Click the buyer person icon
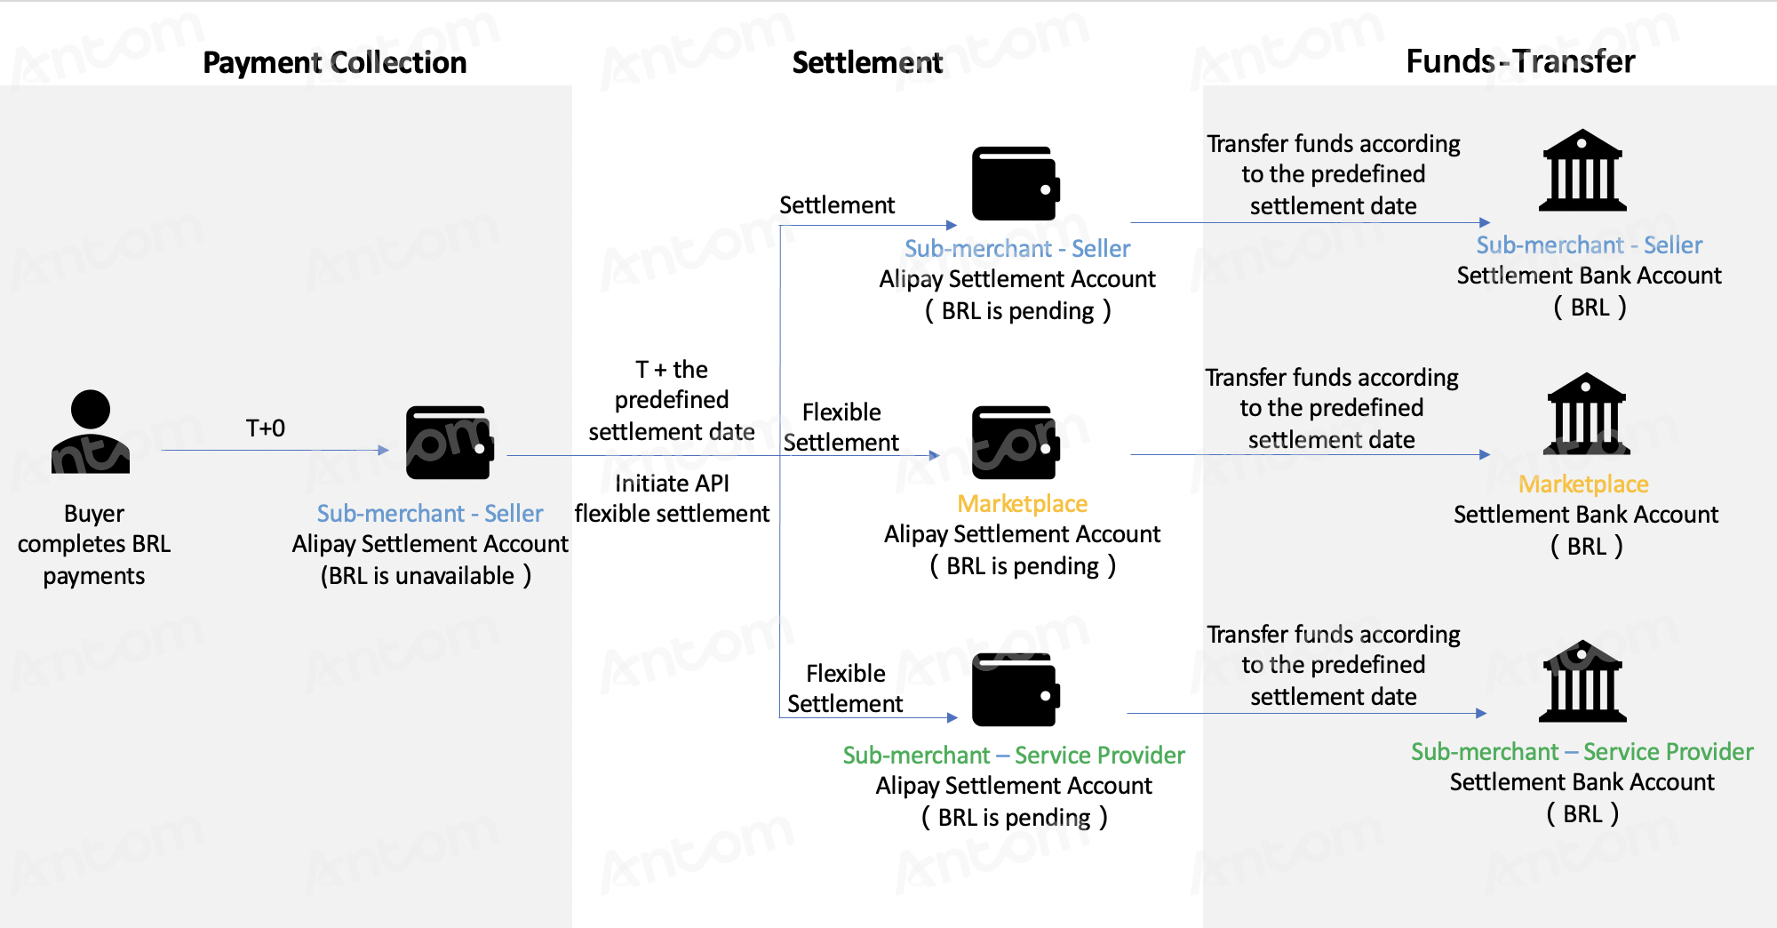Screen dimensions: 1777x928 [91, 432]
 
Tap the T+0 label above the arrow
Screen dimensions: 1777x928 [266, 428]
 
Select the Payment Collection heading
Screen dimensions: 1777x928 [335, 62]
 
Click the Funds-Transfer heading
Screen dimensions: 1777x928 [1520, 61]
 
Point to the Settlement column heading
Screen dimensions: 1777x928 [867, 62]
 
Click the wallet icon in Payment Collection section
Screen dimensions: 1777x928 [450, 443]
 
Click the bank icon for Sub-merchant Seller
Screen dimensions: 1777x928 [1582, 170]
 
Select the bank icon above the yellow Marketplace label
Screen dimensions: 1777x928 [1587, 413]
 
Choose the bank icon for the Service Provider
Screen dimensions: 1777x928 [1582, 681]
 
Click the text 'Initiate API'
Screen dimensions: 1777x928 [672, 484]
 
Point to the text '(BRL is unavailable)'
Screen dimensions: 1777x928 [426, 576]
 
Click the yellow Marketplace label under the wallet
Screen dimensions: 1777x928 [1023, 504]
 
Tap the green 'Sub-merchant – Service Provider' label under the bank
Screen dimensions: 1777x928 [1582, 752]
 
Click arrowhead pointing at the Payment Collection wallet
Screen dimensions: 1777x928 [384, 451]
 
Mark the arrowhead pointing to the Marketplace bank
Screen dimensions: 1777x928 [1485, 454]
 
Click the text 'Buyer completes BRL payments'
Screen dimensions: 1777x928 [94, 545]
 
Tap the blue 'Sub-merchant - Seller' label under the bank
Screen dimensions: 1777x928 [1590, 245]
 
